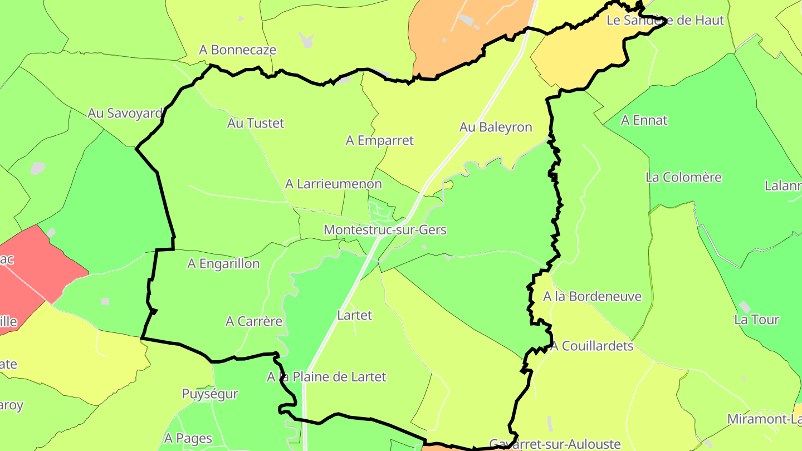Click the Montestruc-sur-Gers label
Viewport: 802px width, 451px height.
coord(385,229)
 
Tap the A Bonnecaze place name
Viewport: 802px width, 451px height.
coord(237,50)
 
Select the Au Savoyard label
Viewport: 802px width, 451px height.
coord(125,113)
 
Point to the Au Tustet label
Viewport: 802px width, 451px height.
coord(256,123)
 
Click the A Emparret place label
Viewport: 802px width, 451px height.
coord(379,140)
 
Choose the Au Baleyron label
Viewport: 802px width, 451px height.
coord(496,127)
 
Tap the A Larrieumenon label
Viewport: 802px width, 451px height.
coord(333,184)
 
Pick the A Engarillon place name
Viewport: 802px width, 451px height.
coord(223,263)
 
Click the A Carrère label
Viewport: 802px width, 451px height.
coord(254,321)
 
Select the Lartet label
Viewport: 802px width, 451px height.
coord(355,315)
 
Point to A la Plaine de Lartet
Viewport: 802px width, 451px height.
coord(326,377)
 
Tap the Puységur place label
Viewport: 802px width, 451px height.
coord(210,394)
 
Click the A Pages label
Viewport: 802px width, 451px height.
coord(188,438)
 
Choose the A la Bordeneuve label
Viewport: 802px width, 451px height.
coord(592,296)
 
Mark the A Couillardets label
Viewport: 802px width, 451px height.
coord(592,346)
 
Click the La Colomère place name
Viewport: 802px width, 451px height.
coord(683,177)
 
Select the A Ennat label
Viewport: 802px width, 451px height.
coord(644,120)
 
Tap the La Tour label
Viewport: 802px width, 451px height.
coord(756,320)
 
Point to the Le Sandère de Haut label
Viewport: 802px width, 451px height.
coord(665,20)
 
